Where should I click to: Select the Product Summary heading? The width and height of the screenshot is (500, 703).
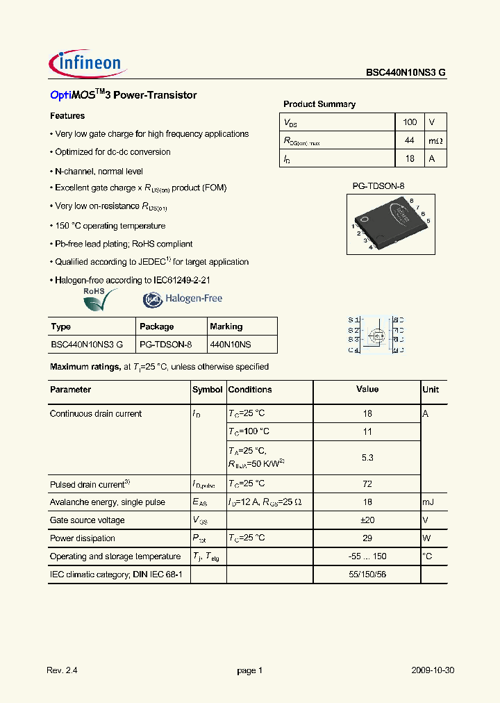(x=319, y=104)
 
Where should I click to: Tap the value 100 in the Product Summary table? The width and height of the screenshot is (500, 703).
(x=410, y=122)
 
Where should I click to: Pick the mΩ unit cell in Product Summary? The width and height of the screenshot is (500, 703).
(x=435, y=141)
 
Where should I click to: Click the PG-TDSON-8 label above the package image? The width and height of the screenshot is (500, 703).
(x=378, y=186)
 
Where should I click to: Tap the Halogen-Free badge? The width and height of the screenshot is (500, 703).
(x=183, y=299)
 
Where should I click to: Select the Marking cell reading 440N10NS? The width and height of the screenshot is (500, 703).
(x=230, y=345)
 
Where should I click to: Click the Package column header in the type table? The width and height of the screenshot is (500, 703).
(x=157, y=326)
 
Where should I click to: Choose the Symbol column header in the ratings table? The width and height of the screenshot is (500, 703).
(x=207, y=390)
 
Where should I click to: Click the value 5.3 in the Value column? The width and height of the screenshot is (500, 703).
(x=367, y=458)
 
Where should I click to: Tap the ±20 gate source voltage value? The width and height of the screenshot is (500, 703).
(x=367, y=520)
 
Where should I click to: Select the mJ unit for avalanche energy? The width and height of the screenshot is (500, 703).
(x=429, y=502)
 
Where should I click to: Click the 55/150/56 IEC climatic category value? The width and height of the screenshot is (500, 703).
(x=367, y=574)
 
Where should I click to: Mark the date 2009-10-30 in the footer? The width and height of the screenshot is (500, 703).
(x=433, y=670)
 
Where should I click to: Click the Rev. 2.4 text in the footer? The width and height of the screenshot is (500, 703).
(x=65, y=670)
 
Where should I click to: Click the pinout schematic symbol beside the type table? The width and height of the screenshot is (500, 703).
(x=376, y=335)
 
